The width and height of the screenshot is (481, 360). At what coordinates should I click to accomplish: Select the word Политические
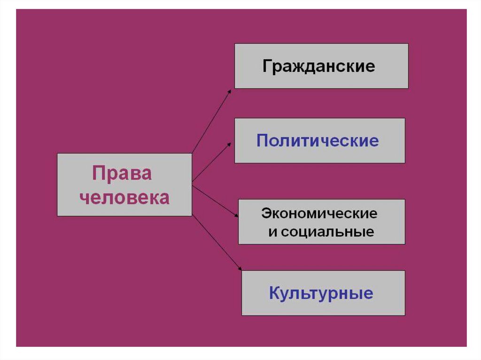(318, 140)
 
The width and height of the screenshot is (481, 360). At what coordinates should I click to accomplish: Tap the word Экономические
(319, 214)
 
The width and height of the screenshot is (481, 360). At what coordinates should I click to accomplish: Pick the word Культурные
(321, 293)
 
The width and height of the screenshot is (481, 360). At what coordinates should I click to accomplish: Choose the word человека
(124, 198)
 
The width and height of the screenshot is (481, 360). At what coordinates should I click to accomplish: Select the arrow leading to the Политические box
(211, 162)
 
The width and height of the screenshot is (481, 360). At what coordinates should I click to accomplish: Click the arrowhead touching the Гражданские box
(230, 90)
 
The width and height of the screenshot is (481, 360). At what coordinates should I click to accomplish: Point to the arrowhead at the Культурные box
(240, 269)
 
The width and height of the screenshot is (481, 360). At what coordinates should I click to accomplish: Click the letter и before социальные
(272, 232)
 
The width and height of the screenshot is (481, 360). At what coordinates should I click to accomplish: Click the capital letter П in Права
(99, 174)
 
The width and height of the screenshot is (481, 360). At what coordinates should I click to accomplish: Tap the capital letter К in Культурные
(275, 293)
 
